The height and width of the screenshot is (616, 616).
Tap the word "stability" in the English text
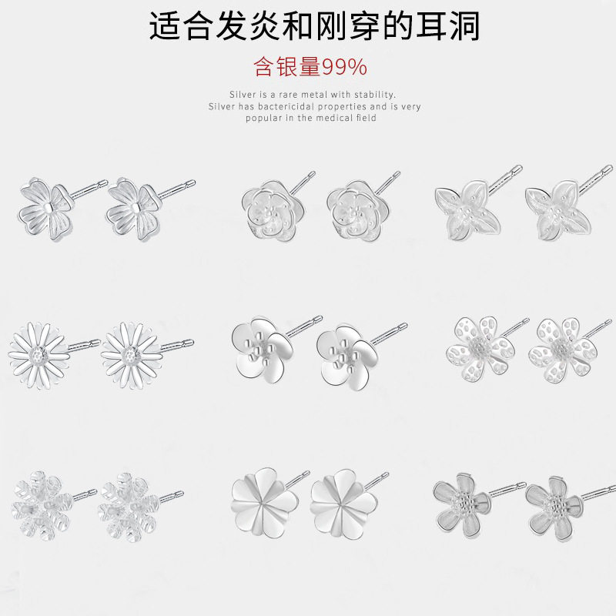coord(375,95)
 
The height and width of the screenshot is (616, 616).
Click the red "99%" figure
coord(344,67)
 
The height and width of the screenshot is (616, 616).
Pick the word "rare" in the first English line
coord(289,95)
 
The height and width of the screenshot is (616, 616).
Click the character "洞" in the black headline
coord(464,25)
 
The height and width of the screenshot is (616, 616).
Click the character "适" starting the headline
coord(165,25)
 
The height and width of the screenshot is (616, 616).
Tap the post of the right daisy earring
coord(177,345)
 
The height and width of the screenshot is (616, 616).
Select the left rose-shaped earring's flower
coord(273,210)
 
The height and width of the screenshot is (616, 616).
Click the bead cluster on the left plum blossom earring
coord(259,348)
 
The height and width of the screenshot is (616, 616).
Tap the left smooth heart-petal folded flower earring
coord(264,503)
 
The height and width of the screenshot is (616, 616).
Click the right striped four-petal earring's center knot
coord(136,207)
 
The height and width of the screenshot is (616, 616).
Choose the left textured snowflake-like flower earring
coord(42,506)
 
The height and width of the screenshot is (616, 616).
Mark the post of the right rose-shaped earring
coord(387,182)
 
